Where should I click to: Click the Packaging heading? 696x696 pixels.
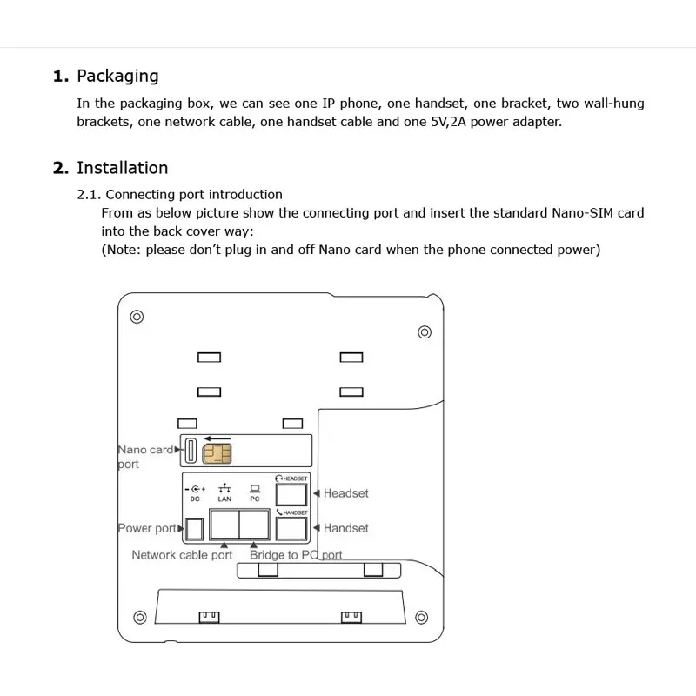coord(117,76)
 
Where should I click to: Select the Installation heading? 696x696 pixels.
coord(122,168)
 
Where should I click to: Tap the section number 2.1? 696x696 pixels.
coord(90,194)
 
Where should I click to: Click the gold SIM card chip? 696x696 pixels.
coord(217,453)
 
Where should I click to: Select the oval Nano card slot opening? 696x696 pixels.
coord(190,451)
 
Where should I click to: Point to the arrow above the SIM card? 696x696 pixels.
coord(217,438)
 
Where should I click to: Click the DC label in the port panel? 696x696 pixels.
coord(195,499)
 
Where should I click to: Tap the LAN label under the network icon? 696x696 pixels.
coord(224,499)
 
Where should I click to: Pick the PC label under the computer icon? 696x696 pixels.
coord(254,499)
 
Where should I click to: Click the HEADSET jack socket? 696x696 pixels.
coord(291,494)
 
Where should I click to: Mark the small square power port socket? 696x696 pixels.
coord(195,528)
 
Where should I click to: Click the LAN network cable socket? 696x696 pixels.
coord(225,525)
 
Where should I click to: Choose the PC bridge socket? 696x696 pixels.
coord(254,525)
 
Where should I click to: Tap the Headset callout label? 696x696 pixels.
coord(345,493)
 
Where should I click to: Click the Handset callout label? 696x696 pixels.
coord(345,528)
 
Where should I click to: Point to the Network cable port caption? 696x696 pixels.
coord(182,555)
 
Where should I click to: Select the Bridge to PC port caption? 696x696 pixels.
coord(296,555)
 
